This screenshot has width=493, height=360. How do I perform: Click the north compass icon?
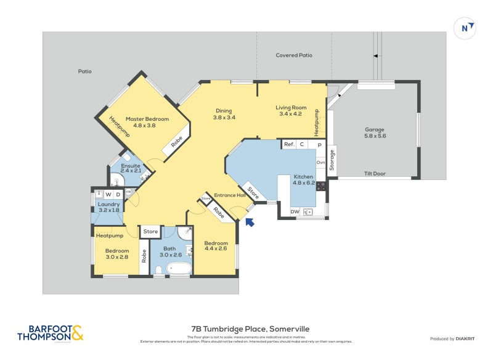[x=467, y=28]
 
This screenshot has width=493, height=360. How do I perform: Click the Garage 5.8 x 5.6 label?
[x=374, y=133]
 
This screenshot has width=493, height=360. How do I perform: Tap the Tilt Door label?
[x=374, y=174]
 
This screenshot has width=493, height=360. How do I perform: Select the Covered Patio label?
[x=293, y=55]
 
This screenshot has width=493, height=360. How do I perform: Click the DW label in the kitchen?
[x=295, y=212]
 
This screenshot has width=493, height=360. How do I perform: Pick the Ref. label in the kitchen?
[x=288, y=144]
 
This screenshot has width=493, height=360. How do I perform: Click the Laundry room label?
[x=108, y=207]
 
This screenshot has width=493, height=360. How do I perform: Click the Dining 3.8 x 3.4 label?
[x=224, y=114]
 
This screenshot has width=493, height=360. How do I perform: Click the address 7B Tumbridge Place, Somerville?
[x=246, y=329]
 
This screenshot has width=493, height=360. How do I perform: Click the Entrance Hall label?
[x=230, y=195]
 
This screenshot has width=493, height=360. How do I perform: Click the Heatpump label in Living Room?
[x=317, y=123]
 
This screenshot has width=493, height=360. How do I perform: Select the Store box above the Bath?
[x=150, y=232]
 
